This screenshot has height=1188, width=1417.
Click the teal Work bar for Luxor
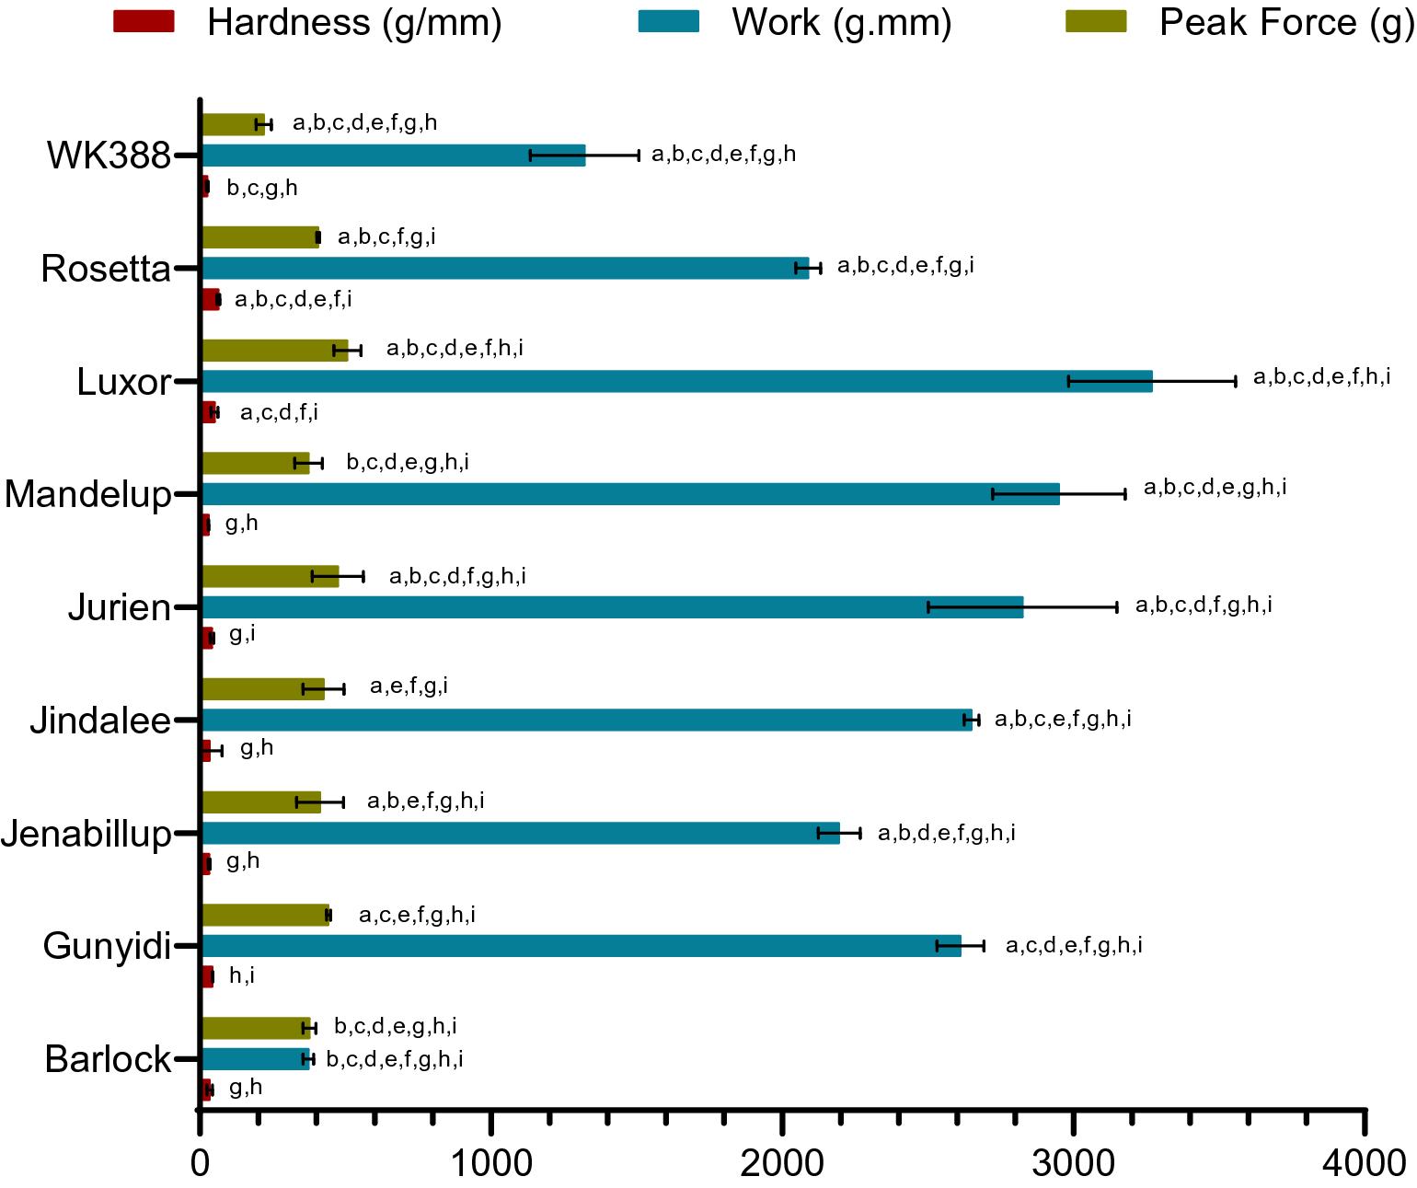tap(676, 381)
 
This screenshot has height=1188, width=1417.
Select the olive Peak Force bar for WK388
tap(233, 124)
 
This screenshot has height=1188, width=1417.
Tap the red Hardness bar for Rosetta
tap(211, 299)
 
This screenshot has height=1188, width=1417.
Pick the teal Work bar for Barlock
tap(255, 1058)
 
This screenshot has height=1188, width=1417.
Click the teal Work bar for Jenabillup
tap(520, 833)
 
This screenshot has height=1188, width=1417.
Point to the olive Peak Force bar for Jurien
tap(270, 576)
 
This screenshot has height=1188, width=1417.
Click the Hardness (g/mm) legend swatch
tap(144, 22)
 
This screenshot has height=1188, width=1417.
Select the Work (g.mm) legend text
tap(841, 22)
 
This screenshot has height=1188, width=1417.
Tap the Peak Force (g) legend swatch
tap(1095, 22)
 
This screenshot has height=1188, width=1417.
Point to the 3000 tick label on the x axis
tap(1073, 1163)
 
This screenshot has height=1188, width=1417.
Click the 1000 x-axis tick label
tap(491, 1163)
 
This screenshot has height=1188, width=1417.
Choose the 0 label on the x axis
tap(201, 1163)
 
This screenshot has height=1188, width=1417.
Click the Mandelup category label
tap(88, 494)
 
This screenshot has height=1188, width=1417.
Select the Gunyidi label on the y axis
tap(107, 946)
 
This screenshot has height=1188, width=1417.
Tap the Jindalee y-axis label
tap(100, 720)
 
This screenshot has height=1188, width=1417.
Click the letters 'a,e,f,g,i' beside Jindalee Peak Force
tap(409, 686)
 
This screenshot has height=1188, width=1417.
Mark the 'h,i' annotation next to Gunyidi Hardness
tap(242, 975)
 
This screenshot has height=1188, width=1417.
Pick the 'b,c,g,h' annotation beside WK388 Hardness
tap(262, 189)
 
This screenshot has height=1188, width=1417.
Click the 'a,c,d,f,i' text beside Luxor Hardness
tap(279, 413)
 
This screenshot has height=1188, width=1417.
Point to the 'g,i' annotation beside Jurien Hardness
tap(242, 634)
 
